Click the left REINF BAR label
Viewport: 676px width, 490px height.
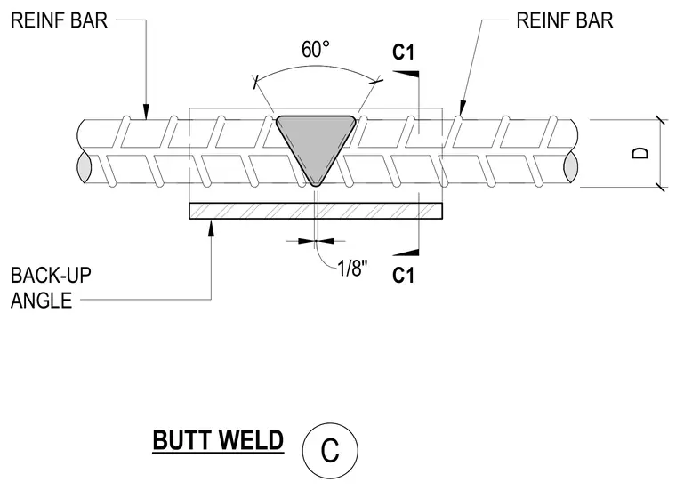click(x=59, y=20)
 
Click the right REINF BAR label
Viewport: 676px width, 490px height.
click(x=565, y=20)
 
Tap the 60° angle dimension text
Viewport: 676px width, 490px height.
click(x=316, y=49)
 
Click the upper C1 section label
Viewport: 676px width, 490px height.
click(x=403, y=52)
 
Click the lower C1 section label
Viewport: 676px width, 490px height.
click(x=403, y=276)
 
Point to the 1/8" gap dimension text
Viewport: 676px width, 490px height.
click(x=352, y=269)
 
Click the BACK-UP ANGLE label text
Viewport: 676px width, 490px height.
click(x=51, y=288)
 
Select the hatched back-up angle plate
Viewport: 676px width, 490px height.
click(x=316, y=211)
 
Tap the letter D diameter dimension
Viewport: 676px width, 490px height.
click(x=640, y=153)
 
